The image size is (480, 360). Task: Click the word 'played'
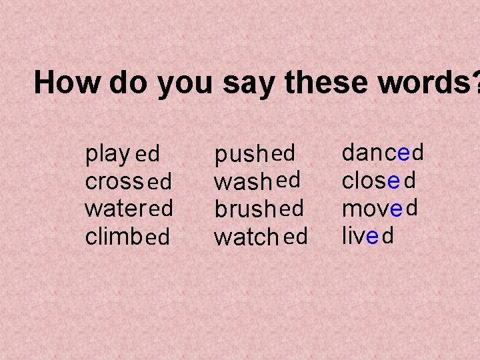[x=123, y=155]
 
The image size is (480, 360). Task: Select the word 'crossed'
[x=128, y=182]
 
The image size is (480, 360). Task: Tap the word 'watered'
[x=129, y=209]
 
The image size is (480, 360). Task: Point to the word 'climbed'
[x=127, y=236]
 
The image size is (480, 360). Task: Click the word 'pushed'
[x=254, y=155]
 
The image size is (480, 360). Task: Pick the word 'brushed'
[x=259, y=209]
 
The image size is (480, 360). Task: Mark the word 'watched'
[x=261, y=236]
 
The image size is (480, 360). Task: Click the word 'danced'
[x=383, y=153]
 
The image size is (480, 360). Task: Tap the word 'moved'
[x=379, y=209]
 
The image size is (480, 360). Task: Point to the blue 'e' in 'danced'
[x=403, y=154]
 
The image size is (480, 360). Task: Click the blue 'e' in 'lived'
[x=373, y=236]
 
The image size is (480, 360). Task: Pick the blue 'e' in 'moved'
[x=396, y=209]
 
